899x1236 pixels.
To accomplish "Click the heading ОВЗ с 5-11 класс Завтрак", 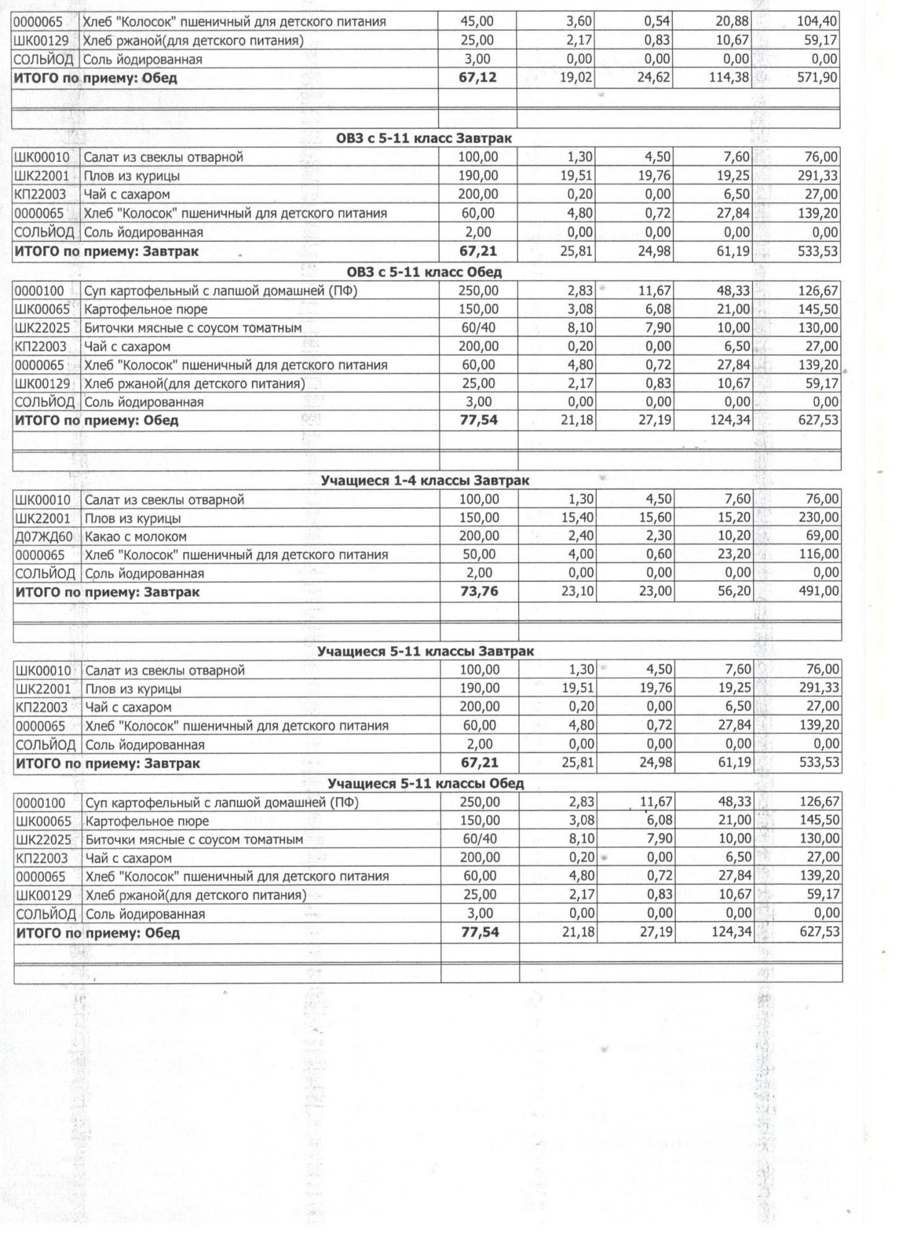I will click(424, 138).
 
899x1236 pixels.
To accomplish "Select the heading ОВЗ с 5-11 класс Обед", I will click(424, 272).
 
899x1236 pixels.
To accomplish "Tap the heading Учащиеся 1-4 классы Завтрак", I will click(425, 481).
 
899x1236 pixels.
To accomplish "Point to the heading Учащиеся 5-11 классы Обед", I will click(425, 784).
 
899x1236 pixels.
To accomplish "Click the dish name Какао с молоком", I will click(135, 536).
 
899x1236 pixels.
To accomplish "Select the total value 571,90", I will click(817, 78).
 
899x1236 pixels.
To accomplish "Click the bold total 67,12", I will click(477, 78).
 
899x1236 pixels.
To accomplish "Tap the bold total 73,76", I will click(479, 591).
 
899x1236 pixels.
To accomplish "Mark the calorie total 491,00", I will click(819, 591).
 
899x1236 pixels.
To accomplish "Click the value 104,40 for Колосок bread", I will click(817, 22).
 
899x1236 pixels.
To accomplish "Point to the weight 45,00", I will click(477, 22).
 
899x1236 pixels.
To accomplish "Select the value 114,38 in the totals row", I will click(729, 78).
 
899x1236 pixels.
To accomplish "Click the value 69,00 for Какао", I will click(823, 536).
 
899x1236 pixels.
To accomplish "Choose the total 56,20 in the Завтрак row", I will click(734, 591).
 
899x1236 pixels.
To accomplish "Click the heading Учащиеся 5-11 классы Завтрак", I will click(425, 651).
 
